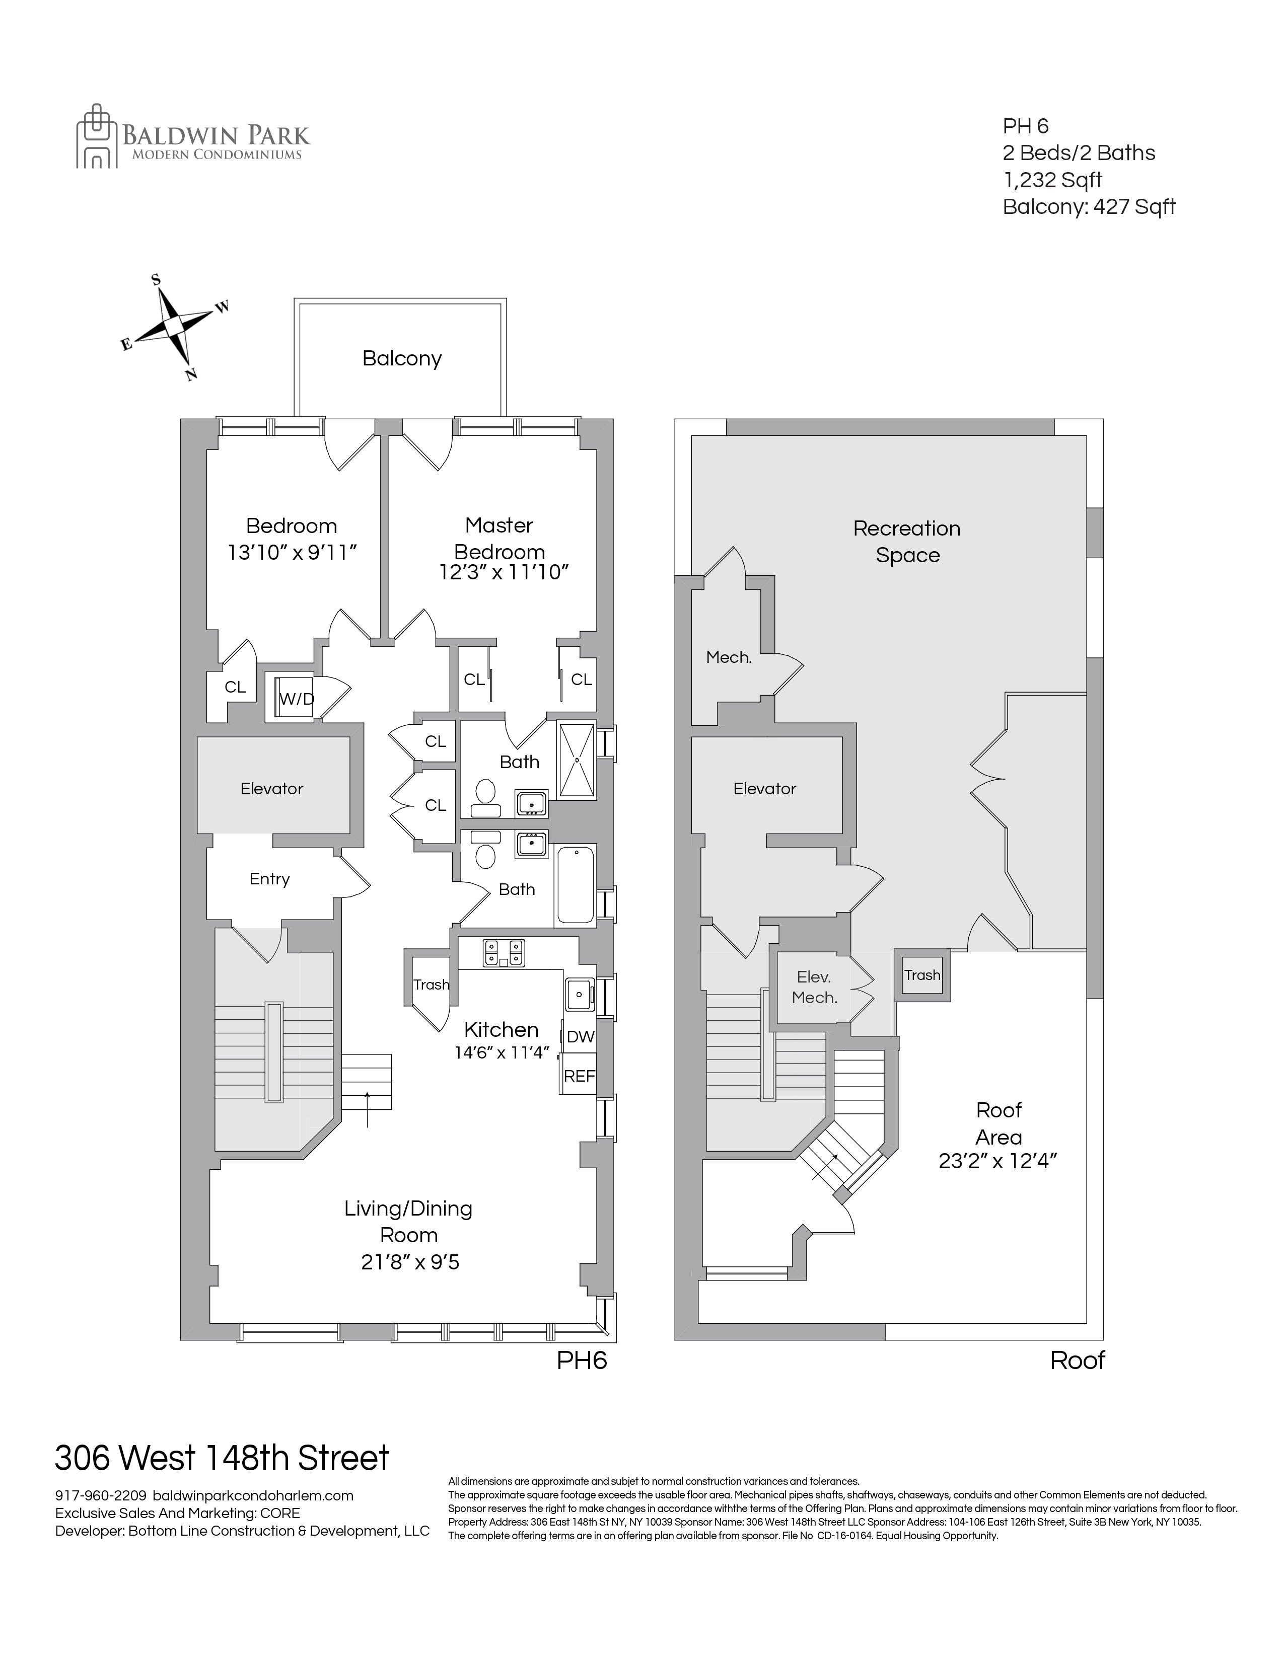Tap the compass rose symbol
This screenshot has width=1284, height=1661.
[x=175, y=326]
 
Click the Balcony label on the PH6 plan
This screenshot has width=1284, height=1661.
[x=402, y=358]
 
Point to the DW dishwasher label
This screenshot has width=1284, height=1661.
[x=580, y=1036]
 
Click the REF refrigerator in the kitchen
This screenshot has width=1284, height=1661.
[x=579, y=1076]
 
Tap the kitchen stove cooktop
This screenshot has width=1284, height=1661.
[x=504, y=952]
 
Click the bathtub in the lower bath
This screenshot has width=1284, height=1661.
[x=575, y=885]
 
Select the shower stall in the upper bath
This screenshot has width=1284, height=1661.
[x=577, y=761]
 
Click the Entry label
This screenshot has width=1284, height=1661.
[x=269, y=879]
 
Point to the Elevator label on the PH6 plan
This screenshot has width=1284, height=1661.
[x=271, y=789]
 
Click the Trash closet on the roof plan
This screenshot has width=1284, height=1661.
[x=922, y=975]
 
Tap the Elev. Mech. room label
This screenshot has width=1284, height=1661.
[x=814, y=987]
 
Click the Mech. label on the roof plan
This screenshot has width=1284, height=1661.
[x=729, y=657]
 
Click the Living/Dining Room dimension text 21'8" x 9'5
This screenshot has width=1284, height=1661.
[x=410, y=1262]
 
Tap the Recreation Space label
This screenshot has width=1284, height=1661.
[x=907, y=542]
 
